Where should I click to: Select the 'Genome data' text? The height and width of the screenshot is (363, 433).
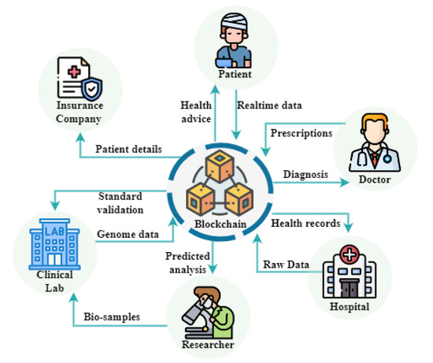click(x=128, y=235)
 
